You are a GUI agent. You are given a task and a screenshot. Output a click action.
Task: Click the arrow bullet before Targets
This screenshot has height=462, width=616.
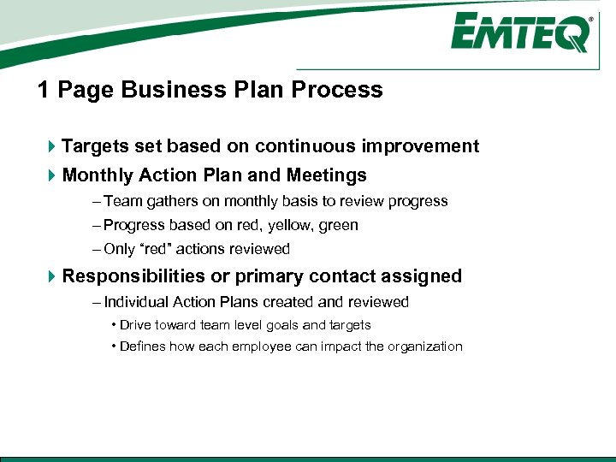(x=52, y=147)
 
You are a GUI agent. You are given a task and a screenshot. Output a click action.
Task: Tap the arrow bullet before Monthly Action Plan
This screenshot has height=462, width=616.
(x=52, y=176)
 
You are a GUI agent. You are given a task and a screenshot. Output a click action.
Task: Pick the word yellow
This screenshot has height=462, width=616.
(x=291, y=225)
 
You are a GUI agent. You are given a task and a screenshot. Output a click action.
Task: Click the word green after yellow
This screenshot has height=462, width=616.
(x=338, y=225)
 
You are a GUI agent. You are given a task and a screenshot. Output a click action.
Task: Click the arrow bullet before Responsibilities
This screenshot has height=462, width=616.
(x=52, y=277)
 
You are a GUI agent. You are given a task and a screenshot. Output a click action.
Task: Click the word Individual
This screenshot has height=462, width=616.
(x=136, y=302)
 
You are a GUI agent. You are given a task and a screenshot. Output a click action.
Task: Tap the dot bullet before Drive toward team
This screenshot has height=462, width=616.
(x=114, y=325)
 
